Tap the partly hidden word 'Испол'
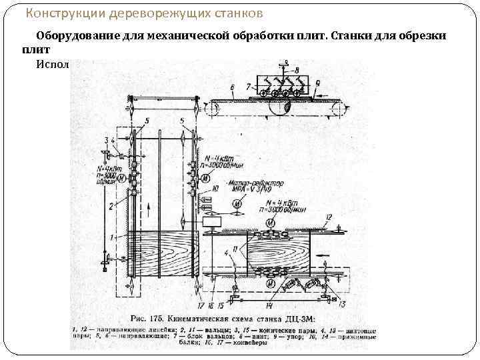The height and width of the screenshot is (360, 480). click(53, 63)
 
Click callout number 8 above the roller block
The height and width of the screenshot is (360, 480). click(297, 69)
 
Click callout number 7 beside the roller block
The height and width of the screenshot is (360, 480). click(248, 86)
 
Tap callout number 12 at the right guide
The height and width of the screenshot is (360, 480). click(329, 217)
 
